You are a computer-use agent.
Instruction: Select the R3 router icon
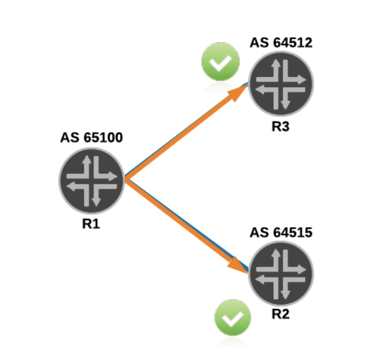pyautogui.click(x=281, y=84)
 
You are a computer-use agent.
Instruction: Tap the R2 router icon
pyautogui.click(x=281, y=273)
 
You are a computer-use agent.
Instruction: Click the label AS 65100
pyautogui.click(x=92, y=138)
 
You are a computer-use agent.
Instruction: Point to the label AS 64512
pyautogui.click(x=281, y=43)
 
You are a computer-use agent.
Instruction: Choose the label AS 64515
pyautogui.click(x=281, y=232)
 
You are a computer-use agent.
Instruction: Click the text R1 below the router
pyautogui.click(x=91, y=224)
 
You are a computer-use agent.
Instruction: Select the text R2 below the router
pyautogui.click(x=281, y=314)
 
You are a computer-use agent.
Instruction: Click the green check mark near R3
pyautogui.click(x=220, y=61)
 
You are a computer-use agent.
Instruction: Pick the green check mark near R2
pyautogui.click(x=233, y=318)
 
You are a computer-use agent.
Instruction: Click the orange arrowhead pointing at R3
pyautogui.click(x=238, y=93)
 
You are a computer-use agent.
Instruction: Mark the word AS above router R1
pyautogui.click(x=68, y=138)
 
